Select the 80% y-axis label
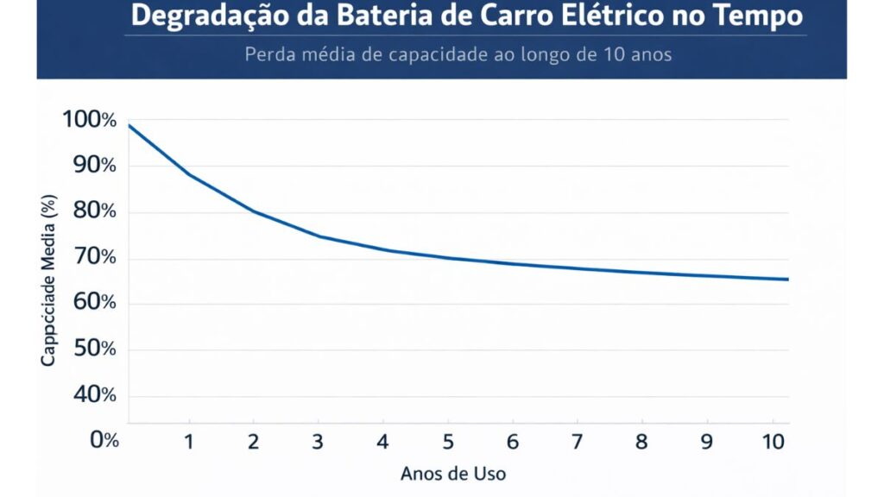click(94, 211)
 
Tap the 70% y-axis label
click(94, 257)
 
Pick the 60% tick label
click(94, 303)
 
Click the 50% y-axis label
click(94, 349)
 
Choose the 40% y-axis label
click(94, 394)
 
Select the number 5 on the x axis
click(448, 442)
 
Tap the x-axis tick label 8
click(642, 442)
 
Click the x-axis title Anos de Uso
click(452, 474)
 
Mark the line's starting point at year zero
click(129, 125)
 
